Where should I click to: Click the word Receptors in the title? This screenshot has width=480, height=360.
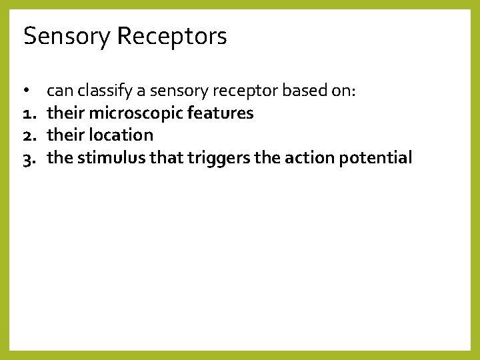[172, 37]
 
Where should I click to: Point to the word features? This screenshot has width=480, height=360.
[220, 113]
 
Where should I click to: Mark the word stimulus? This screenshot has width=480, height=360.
[107, 158]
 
